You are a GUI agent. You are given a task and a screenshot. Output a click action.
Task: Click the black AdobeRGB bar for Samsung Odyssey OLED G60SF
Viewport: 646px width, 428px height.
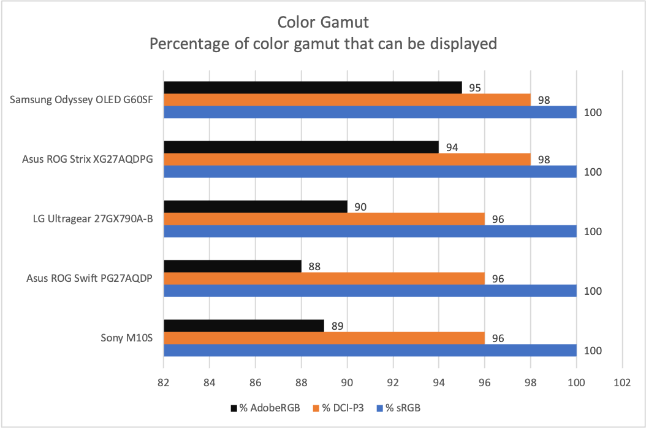(x=313, y=88)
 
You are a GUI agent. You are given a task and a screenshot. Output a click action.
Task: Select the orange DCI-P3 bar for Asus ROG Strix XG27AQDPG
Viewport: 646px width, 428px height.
(x=347, y=160)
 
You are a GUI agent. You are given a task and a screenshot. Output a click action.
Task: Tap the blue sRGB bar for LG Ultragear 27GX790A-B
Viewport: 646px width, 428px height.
(x=370, y=231)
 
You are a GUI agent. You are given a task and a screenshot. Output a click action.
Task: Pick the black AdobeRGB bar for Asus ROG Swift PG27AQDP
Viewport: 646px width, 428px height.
(x=232, y=267)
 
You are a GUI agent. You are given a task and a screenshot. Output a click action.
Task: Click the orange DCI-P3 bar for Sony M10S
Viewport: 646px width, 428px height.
(x=324, y=338)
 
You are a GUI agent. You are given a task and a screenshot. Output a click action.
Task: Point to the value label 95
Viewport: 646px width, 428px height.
(x=473, y=88)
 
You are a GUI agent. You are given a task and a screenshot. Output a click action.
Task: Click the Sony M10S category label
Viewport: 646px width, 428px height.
(x=127, y=338)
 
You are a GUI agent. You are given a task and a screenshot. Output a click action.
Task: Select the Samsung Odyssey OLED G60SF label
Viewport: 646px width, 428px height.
(x=82, y=100)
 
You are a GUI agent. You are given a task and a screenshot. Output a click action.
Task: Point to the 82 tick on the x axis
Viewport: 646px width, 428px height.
(x=164, y=381)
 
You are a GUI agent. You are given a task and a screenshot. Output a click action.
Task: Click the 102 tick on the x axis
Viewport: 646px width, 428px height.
(x=622, y=381)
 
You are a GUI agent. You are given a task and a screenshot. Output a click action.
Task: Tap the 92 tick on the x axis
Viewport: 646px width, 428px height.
(x=393, y=381)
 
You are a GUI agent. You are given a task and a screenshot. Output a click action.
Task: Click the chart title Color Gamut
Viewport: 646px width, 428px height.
(x=322, y=23)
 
